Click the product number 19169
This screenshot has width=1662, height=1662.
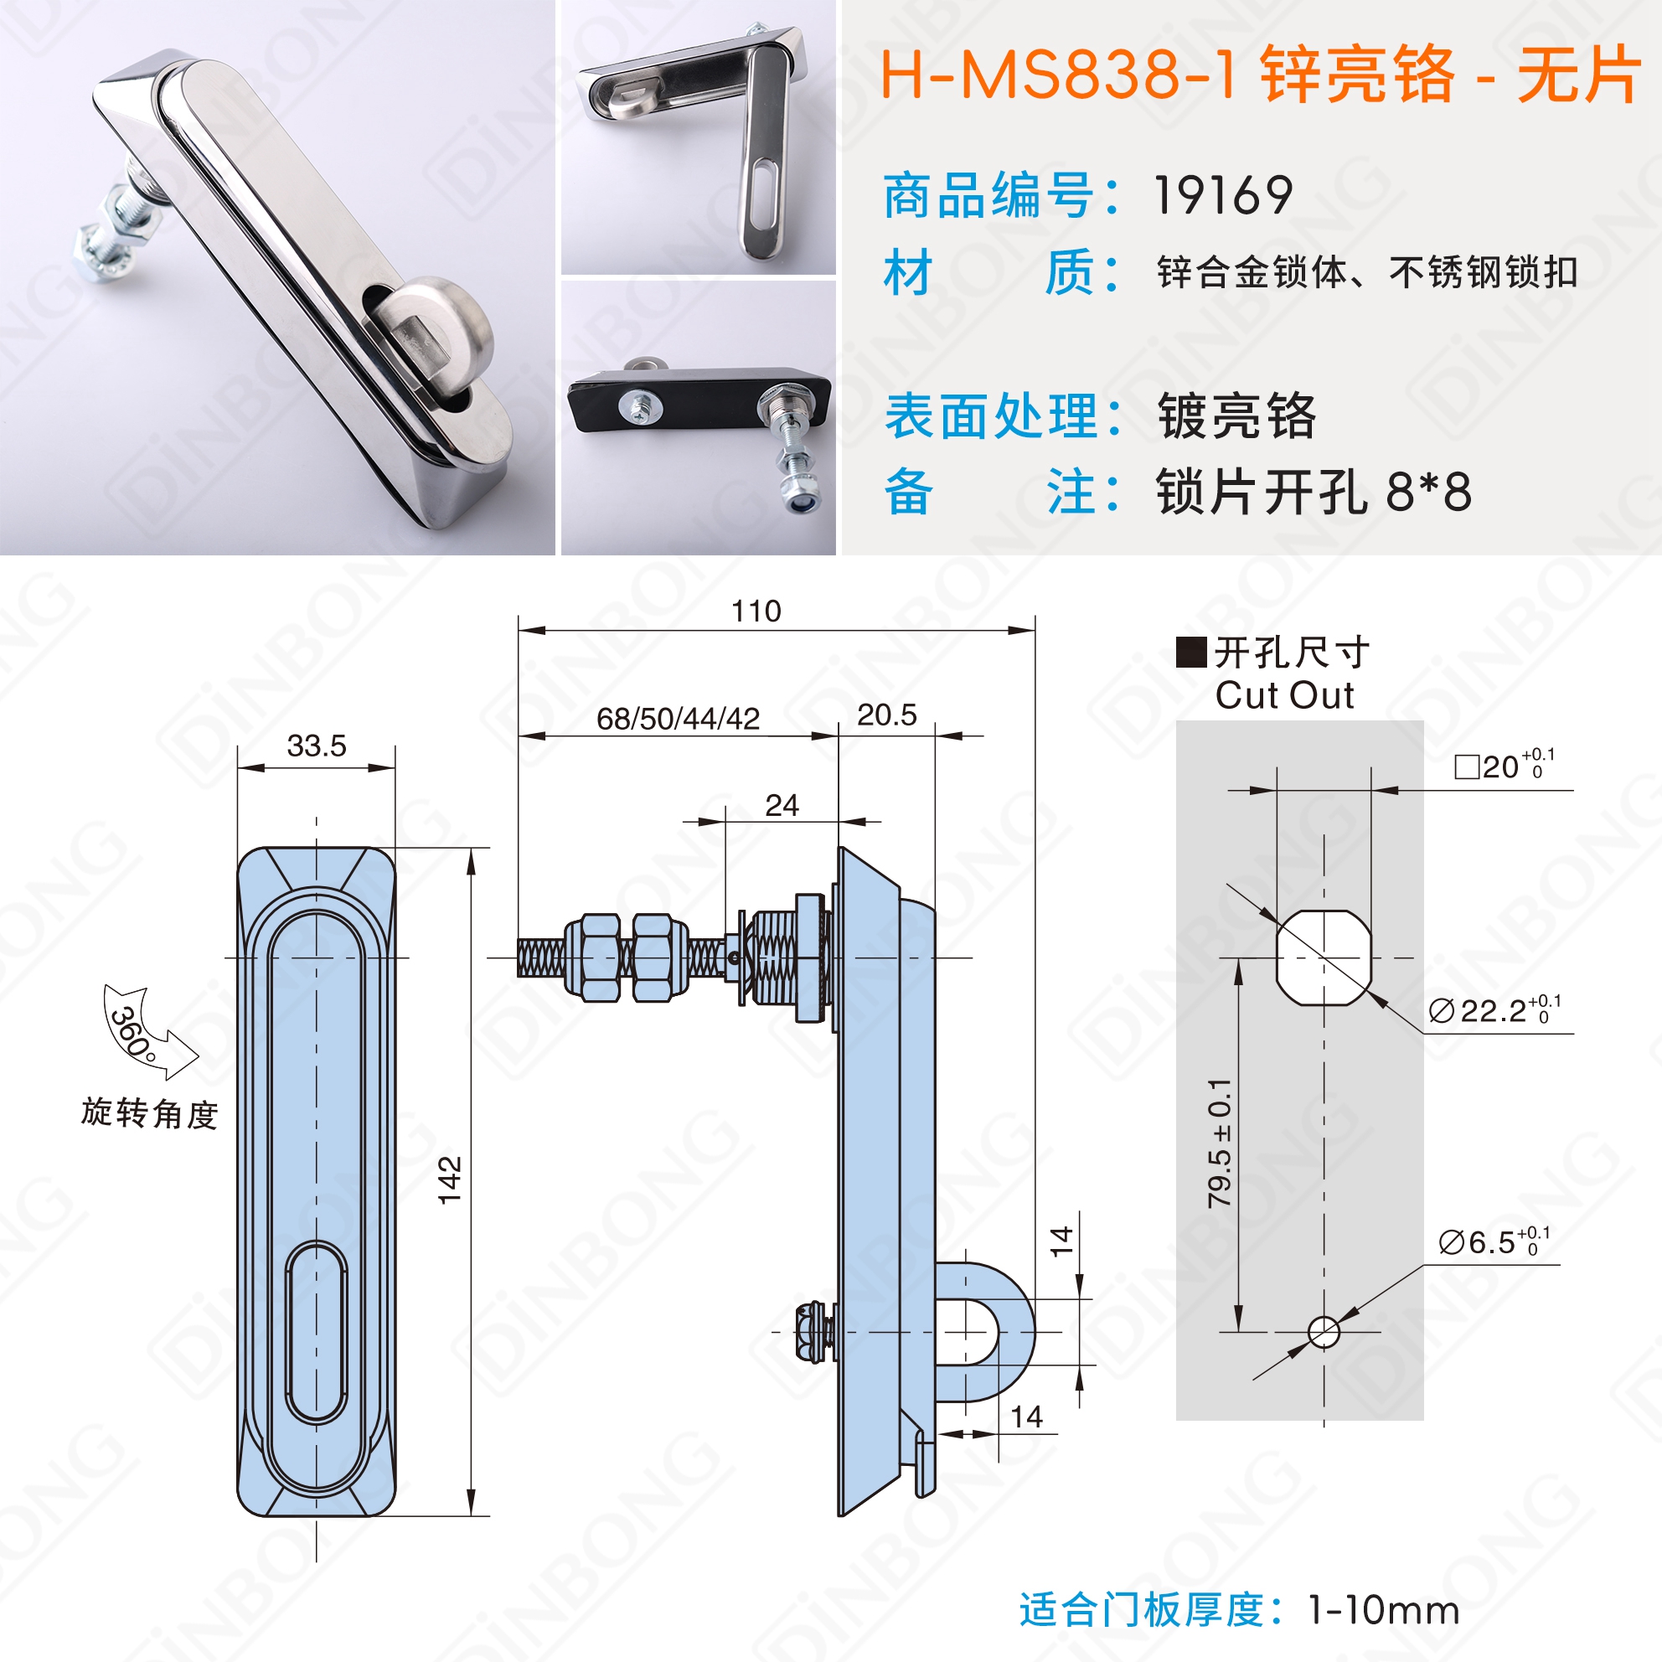click(x=1222, y=195)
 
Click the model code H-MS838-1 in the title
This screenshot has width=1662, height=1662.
click(x=1059, y=75)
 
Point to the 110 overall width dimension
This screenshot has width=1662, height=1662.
click(x=756, y=611)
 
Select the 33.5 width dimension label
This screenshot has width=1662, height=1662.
click(x=317, y=745)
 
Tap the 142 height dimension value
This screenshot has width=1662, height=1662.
click(x=450, y=1180)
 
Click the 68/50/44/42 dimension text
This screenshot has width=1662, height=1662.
click(x=678, y=718)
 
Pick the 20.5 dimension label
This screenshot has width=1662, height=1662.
click(x=886, y=714)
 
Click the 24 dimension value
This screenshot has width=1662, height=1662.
click(x=781, y=805)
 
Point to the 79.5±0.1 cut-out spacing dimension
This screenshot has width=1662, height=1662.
click(x=1219, y=1143)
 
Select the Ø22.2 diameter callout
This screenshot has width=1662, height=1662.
click(x=1494, y=1009)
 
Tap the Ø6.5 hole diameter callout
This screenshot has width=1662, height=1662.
click(x=1494, y=1241)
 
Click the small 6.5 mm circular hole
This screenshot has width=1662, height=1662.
click(x=1323, y=1332)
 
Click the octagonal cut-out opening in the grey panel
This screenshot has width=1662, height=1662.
click(x=1323, y=957)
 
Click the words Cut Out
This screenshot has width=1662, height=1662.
click(x=1284, y=695)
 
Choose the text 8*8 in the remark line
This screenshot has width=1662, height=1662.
click(x=1429, y=492)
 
